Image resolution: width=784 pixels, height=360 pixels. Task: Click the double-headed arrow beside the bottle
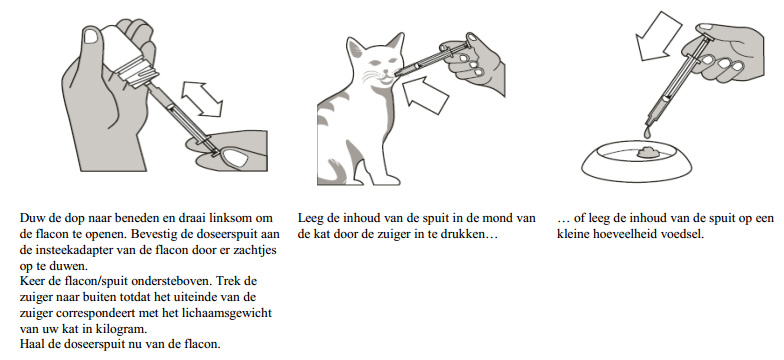pyautogui.click(x=202, y=99)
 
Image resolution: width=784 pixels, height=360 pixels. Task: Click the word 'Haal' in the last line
pyautogui.click(x=31, y=345)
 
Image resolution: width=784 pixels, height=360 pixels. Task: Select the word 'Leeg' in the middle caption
pyautogui.click(x=310, y=218)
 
